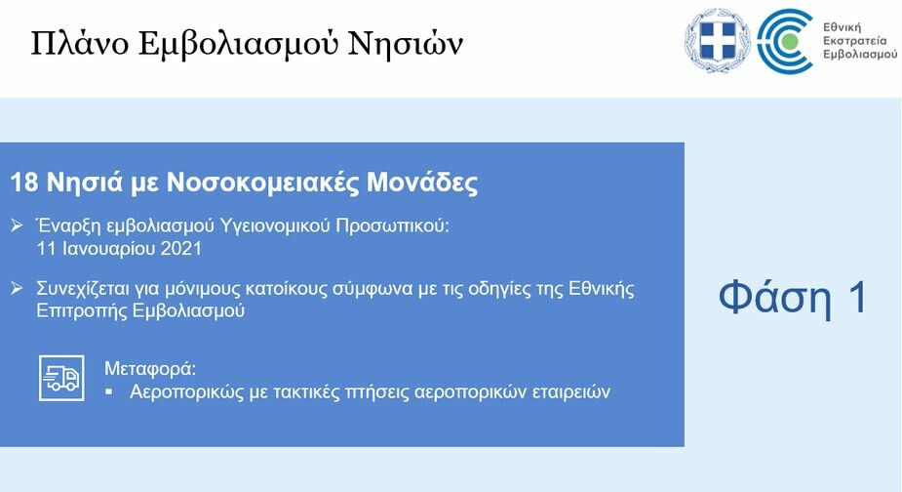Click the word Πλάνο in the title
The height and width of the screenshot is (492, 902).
point(79,43)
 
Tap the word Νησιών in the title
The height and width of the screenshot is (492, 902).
point(406,43)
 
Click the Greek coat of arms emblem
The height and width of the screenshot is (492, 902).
point(718,40)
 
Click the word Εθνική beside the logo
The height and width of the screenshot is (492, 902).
point(843,27)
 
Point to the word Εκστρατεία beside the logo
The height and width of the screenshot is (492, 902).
point(855,41)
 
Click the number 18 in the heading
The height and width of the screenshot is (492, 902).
point(24,182)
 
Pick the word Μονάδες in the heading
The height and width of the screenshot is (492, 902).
point(422,182)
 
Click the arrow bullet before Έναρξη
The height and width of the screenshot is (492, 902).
point(17,225)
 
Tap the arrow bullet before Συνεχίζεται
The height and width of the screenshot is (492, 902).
point(17,287)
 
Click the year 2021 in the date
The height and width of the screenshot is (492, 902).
point(181,249)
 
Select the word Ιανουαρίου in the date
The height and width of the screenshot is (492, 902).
point(107,250)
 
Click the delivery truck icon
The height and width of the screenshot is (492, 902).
point(61,378)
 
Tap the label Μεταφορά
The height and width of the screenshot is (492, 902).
point(150,369)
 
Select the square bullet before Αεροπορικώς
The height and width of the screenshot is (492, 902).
point(109,391)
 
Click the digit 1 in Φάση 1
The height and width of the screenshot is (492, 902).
point(859,298)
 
